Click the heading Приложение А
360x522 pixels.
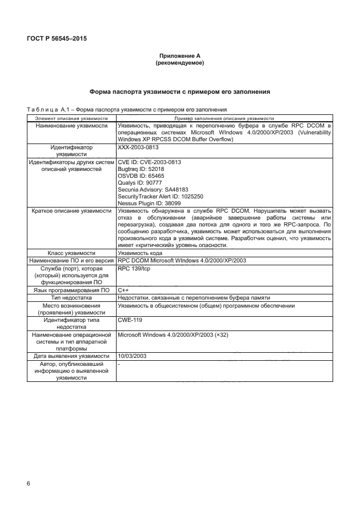(x=180, y=55)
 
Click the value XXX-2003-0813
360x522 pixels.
(x=137, y=147)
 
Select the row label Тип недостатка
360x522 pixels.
(x=71, y=298)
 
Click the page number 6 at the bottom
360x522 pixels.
(x=28, y=484)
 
